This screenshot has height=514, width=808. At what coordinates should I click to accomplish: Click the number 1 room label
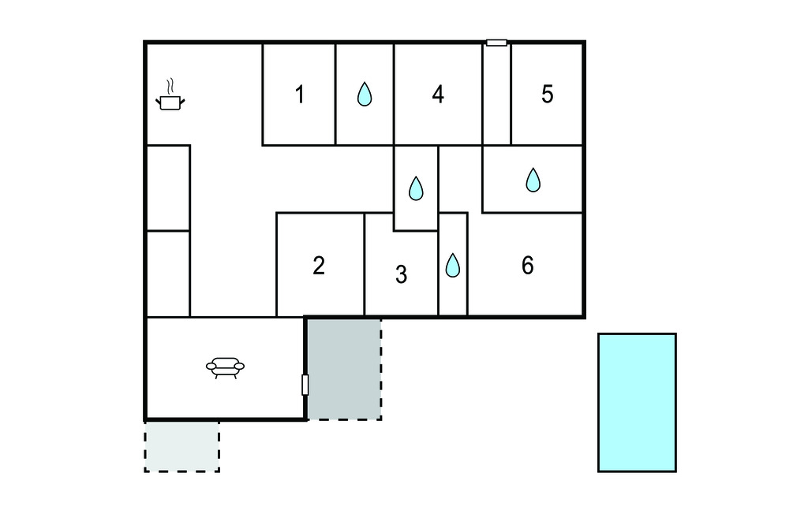(x=300, y=95)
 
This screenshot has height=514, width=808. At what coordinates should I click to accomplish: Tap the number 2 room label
(x=319, y=266)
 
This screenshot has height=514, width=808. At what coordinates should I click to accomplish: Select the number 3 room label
(x=401, y=275)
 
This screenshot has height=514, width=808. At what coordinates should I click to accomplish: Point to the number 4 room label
(x=438, y=95)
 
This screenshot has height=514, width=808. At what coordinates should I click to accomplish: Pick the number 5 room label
(x=548, y=95)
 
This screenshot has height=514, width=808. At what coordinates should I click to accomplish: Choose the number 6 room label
(x=527, y=266)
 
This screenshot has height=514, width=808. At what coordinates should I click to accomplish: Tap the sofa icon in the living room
(x=225, y=367)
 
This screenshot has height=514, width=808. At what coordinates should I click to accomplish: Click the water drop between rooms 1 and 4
(x=364, y=95)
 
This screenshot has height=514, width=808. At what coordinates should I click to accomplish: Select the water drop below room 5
(x=533, y=181)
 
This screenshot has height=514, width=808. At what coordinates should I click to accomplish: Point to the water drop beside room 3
(x=452, y=266)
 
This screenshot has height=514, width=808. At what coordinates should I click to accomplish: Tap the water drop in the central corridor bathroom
(x=416, y=188)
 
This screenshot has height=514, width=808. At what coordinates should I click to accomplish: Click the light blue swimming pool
(x=637, y=402)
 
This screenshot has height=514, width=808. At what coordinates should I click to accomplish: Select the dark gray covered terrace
(x=344, y=368)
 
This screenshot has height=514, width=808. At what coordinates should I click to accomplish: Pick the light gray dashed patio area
(x=181, y=446)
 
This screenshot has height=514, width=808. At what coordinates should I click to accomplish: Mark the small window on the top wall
(x=496, y=43)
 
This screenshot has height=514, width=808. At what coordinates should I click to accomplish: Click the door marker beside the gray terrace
(x=305, y=385)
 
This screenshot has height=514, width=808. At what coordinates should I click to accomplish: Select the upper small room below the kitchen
(x=168, y=188)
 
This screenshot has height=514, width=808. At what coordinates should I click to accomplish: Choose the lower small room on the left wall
(x=168, y=274)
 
